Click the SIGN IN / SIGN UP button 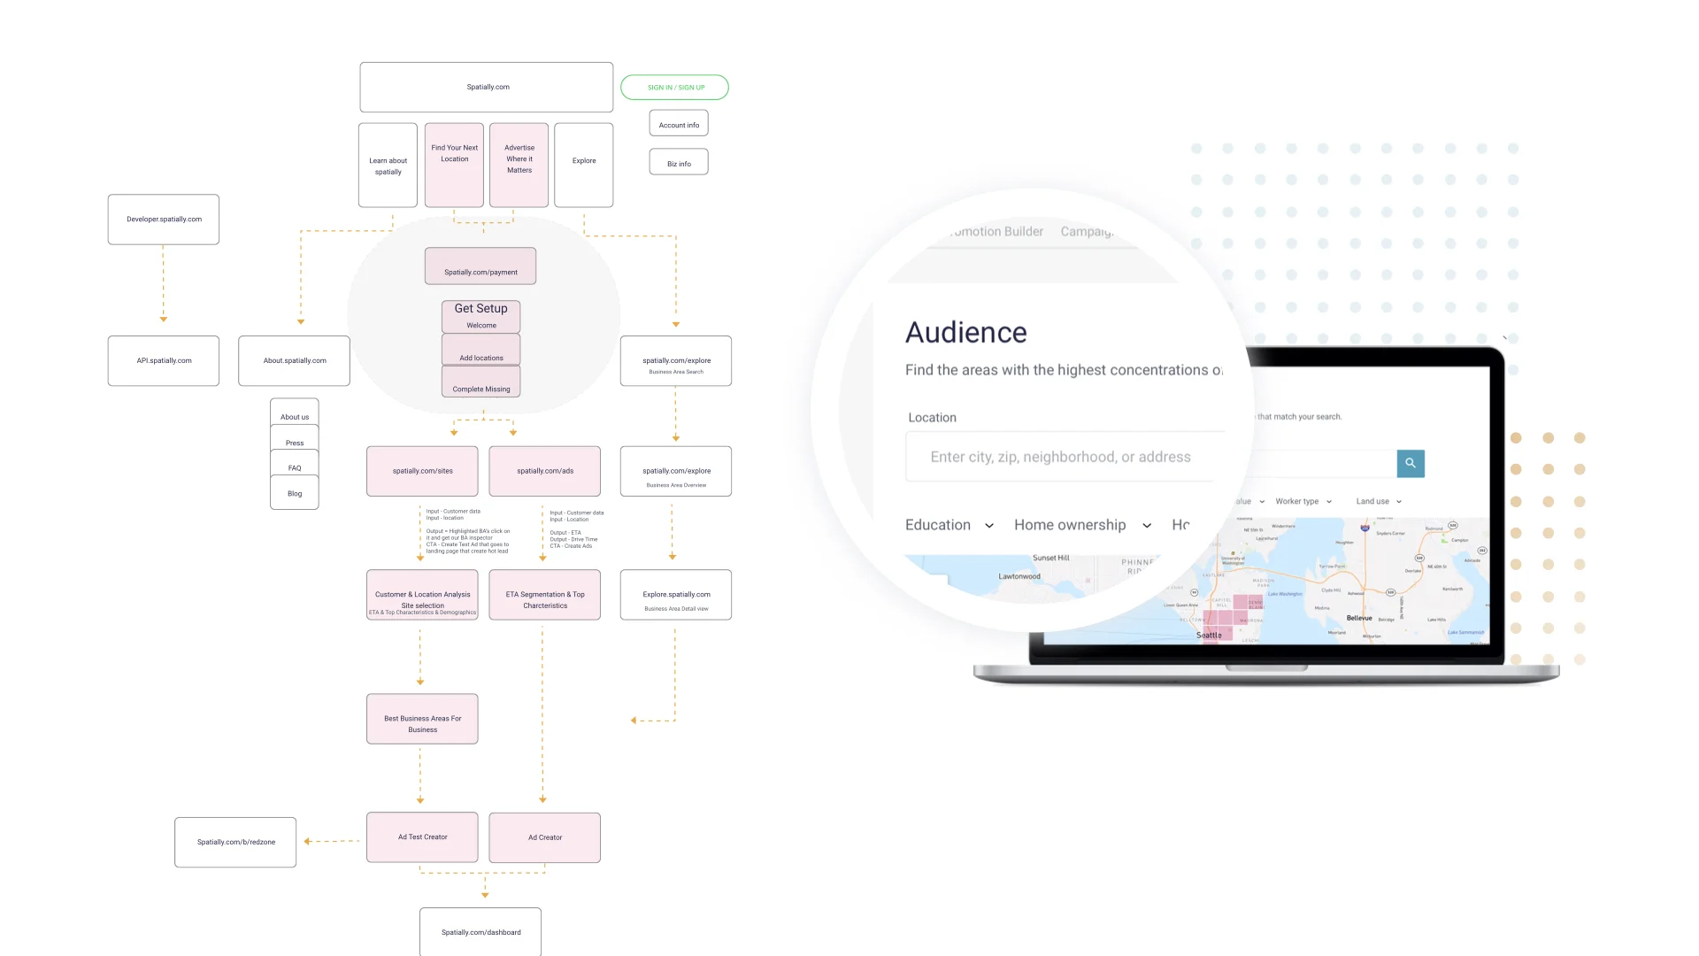point(675,88)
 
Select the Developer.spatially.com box point(164,220)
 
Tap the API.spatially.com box point(164,361)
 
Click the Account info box point(679,125)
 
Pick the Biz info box point(679,164)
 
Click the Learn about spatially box point(388,166)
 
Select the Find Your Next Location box point(454,166)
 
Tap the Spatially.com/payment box point(480,266)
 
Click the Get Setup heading point(480,309)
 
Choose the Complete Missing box point(480,383)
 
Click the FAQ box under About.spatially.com point(295,466)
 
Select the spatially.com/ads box point(545,471)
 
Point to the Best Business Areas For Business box point(422,719)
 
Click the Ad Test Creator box point(422,837)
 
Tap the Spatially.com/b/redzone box point(235,843)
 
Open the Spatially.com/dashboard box point(480,931)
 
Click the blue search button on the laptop point(1411,464)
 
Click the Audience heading point(966,333)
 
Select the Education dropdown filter point(949,526)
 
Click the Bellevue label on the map point(1359,618)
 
